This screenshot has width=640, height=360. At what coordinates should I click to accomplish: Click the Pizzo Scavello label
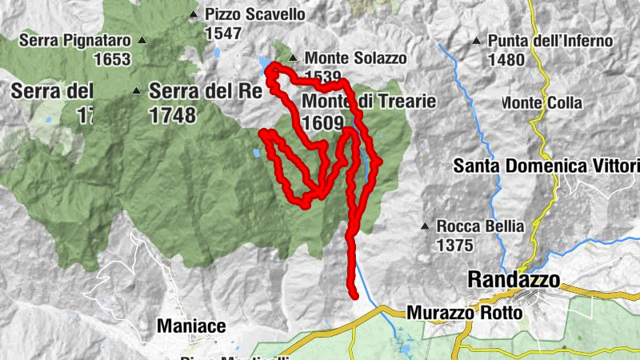coord(244,14)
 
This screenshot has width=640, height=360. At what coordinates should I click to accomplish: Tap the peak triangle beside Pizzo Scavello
coord(193,14)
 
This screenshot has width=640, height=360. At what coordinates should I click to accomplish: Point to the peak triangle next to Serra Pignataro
coord(142,39)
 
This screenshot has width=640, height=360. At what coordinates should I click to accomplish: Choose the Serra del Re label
coord(206,91)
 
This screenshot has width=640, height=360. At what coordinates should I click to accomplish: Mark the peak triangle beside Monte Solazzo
coord(294,58)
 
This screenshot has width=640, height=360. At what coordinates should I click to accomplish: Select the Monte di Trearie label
coord(369,102)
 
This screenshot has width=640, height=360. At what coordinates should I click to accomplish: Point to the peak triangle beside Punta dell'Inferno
coord(477,41)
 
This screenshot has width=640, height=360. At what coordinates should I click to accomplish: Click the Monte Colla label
coord(542,103)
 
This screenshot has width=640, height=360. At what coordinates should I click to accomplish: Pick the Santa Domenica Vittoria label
coord(546,166)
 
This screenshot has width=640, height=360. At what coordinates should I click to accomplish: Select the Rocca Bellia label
coord(480,226)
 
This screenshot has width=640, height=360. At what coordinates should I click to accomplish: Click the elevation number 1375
coord(455,246)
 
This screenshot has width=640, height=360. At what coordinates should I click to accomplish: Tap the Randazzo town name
coord(513,279)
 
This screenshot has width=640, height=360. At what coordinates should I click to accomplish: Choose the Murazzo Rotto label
coord(465,313)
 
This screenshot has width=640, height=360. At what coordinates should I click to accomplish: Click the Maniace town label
coord(191,326)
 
